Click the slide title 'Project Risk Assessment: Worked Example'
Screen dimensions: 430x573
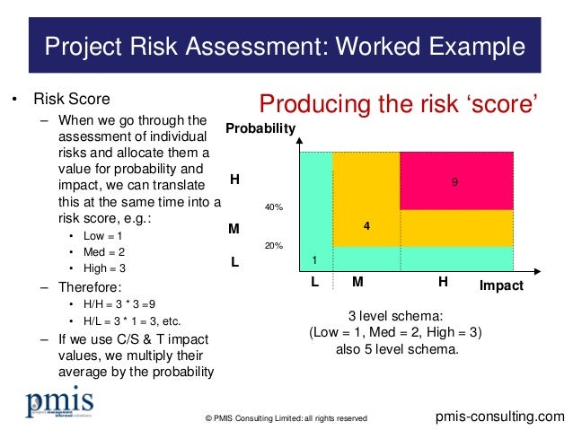pos(286,44)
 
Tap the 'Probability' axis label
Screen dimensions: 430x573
pos(260,129)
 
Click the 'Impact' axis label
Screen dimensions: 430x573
pos(500,285)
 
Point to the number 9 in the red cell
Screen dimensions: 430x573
pos(455,181)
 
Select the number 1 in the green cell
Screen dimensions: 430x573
pos(314,259)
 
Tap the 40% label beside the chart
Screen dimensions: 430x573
pos(273,207)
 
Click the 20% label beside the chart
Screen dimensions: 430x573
pos(273,245)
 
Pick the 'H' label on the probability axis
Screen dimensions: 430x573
pos(234,180)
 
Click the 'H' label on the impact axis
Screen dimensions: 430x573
pos(443,282)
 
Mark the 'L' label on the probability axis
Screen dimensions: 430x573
pos(234,265)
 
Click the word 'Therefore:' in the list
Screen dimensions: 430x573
pos(90,286)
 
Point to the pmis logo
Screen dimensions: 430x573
pos(59,403)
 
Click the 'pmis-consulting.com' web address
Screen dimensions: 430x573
pos(499,417)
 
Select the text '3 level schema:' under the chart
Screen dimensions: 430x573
pos(395,315)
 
